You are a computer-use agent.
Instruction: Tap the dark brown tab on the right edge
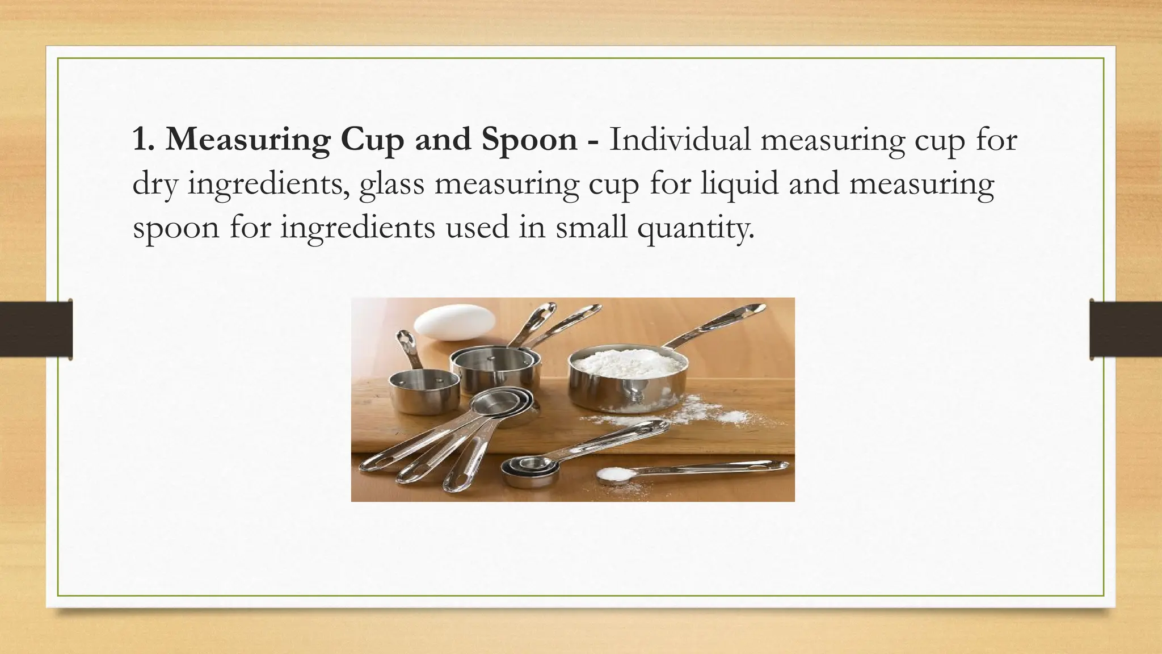point(1126,329)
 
